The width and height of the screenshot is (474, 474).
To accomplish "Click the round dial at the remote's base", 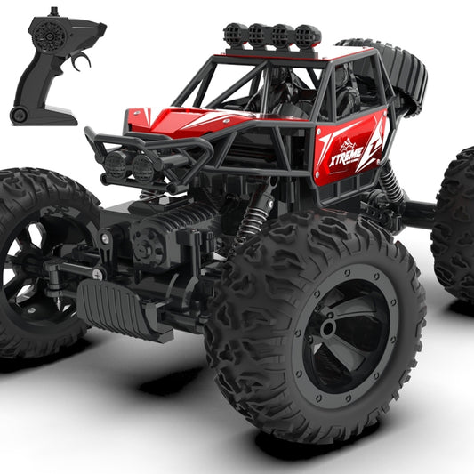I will click(x=18, y=116).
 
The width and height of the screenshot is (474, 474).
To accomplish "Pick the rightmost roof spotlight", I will click(x=307, y=36).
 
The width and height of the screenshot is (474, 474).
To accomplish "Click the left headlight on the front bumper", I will click(x=116, y=164).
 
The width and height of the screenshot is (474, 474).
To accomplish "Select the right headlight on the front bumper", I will click(x=143, y=168).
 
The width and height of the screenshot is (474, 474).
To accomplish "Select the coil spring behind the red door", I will click(x=391, y=182).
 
